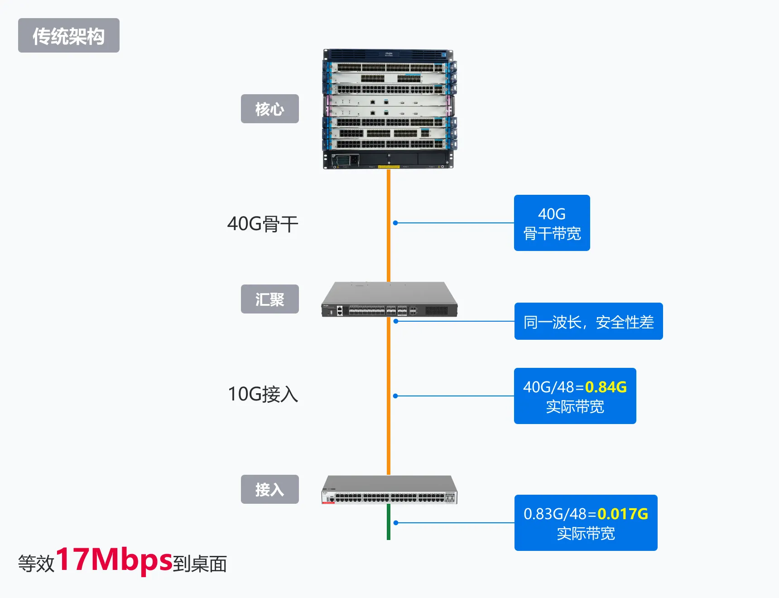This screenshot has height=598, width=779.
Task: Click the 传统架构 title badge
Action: click(69, 36)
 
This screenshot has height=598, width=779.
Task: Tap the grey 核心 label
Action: click(269, 109)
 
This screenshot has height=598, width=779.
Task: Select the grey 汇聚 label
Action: click(269, 299)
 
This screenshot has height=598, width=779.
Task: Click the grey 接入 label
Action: click(269, 489)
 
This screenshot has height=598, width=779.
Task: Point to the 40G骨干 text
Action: click(263, 224)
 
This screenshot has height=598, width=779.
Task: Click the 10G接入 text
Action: click(263, 394)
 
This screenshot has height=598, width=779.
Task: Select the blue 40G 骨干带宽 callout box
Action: click(552, 223)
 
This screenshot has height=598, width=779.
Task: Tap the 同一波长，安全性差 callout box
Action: click(588, 322)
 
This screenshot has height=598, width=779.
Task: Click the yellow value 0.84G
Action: click(606, 387)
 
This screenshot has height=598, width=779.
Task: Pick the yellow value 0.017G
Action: click(623, 514)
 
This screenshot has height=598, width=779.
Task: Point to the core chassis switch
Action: click(389, 109)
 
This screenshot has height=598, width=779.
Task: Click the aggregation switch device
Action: click(389, 300)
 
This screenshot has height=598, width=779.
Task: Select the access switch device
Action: click(389, 490)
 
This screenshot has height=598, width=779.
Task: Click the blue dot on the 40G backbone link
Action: click(395, 223)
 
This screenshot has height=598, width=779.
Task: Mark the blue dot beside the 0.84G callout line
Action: click(395, 396)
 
